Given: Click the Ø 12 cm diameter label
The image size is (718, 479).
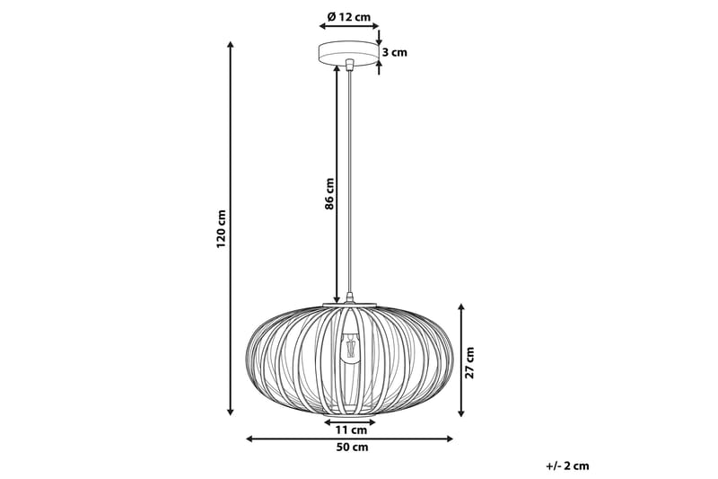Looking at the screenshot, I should (349, 17).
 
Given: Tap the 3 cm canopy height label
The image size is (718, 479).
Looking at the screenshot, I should (394, 52).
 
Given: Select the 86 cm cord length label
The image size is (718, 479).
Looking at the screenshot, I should (329, 193).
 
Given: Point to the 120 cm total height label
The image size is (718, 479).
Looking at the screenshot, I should (221, 228).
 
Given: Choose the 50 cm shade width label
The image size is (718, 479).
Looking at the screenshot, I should (349, 448).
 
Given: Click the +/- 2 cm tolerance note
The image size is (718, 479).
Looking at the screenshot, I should (567, 466).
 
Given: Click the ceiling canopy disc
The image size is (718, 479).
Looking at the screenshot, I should (349, 53).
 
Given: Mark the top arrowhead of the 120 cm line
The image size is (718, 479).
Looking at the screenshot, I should (231, 45).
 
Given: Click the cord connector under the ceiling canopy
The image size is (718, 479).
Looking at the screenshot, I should (349, 65).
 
